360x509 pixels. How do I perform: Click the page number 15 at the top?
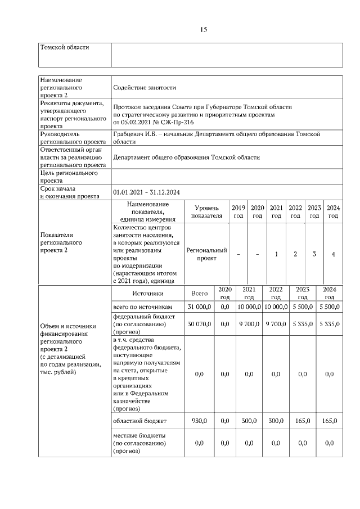point(204,30)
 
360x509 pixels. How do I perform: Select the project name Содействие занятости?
point(145,88)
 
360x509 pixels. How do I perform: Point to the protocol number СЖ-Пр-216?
point(178,122)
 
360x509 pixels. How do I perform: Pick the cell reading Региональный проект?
point(206,254)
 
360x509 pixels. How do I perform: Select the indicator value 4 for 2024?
point(333,254)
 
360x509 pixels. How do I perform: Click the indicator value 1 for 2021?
point(276,254)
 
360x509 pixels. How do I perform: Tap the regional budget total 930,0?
point(200,421)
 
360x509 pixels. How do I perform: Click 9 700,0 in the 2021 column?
point(248,324)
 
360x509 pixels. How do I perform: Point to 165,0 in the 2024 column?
point(329,421)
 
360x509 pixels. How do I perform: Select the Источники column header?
point(148,293)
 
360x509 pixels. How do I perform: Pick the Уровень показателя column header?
point(206,211)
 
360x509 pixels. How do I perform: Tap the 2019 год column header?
point(238,211)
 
